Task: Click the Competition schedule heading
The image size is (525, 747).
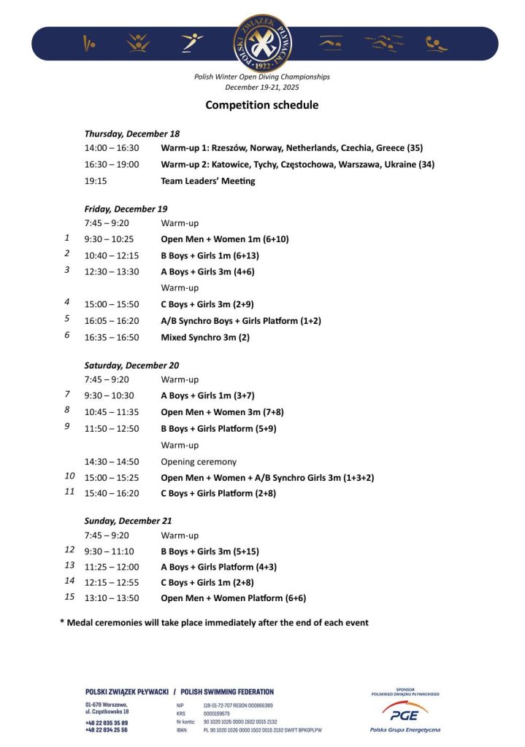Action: [261, 105]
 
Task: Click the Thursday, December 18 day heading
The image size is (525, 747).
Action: [132, 133]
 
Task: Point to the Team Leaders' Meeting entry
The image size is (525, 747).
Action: [208, 181]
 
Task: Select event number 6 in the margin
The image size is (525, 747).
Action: [67, 335]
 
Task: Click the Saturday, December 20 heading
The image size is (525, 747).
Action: [131, 365]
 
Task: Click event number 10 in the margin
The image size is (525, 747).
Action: [69, 476]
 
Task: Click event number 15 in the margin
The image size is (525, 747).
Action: [69, 596]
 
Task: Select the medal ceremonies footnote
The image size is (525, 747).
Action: [214, 622]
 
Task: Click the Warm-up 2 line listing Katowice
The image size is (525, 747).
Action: [297, 164]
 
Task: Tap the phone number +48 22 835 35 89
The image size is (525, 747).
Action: [107, 722]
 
